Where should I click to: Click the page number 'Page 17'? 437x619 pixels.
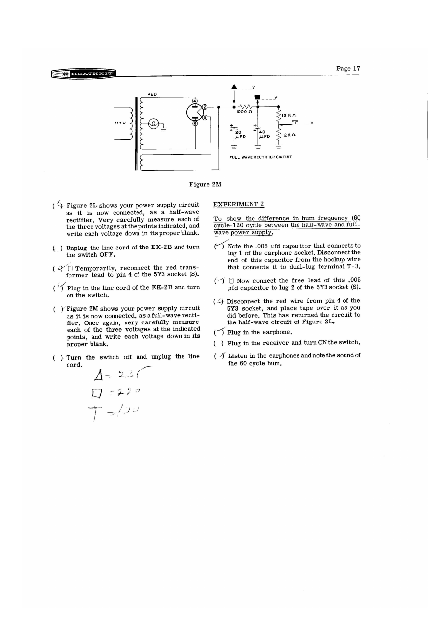coord(348,69)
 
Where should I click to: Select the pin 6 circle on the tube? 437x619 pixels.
coord(194,124)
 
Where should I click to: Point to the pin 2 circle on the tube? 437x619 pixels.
coord(205,106)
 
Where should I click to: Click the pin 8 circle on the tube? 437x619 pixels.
coord(205,118)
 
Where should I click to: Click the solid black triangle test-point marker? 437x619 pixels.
coord(235,88)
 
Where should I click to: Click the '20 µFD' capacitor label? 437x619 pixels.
coord(238,134)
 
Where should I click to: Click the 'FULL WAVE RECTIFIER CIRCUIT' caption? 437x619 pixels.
coord(261,157)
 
